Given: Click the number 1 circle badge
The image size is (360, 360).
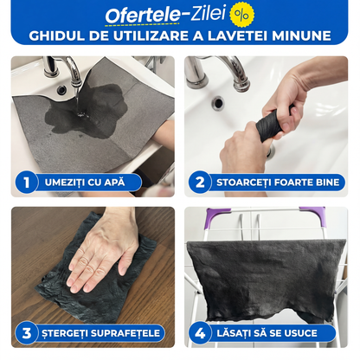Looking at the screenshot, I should [x=27, y=182].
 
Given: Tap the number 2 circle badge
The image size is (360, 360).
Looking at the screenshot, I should [x=200, y=182].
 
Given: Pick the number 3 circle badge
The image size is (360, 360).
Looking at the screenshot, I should [x=27, y=332].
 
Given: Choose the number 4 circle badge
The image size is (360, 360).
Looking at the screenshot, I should [x=200, y=332].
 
